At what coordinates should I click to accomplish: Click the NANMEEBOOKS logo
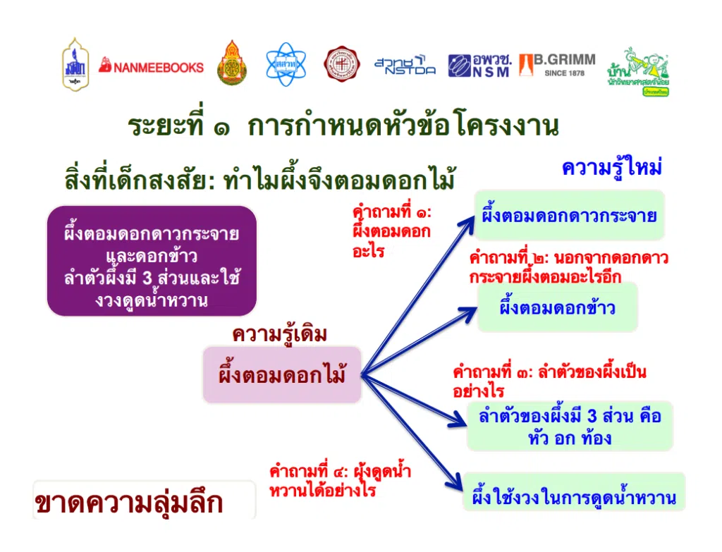(151, 67)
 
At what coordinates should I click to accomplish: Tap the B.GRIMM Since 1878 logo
(557, 66)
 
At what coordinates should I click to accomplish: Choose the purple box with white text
(152, 260)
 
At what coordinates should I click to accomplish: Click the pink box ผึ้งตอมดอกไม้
(282, 375)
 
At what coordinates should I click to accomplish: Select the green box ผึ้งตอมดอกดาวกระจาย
(569, 215)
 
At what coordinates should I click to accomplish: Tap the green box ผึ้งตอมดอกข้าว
(557, 307)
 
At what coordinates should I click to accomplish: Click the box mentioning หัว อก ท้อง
(570, 426)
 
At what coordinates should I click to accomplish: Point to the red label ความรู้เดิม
(280, 335)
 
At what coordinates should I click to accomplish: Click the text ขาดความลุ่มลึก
(129, 503)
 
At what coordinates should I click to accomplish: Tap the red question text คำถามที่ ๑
(391, 231)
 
